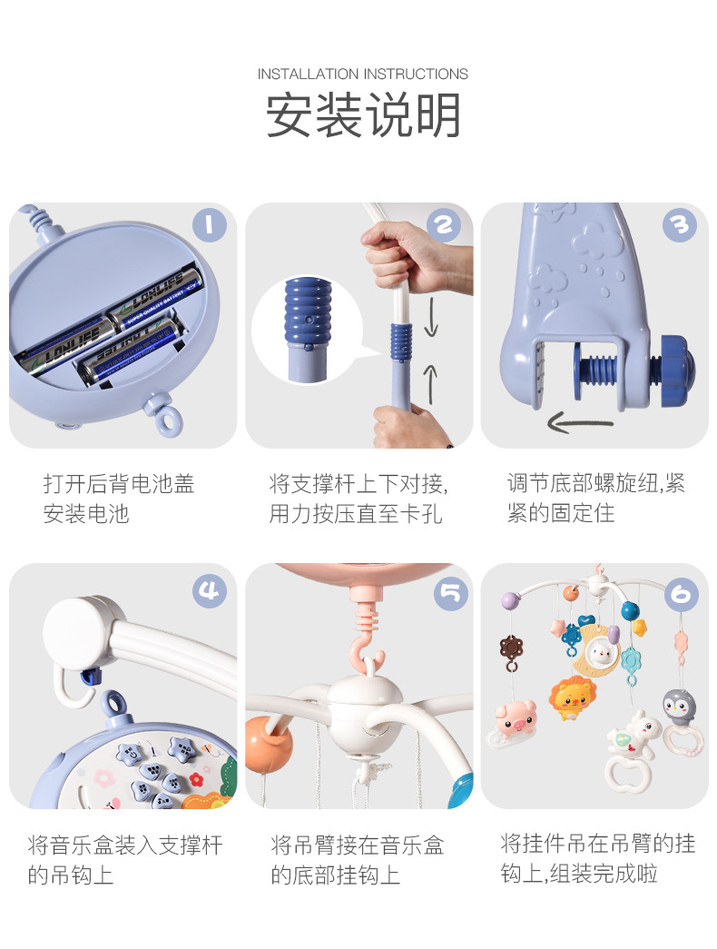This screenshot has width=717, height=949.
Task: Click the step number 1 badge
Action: [x=210, y=225]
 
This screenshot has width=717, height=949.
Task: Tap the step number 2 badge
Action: [x=444, y=225]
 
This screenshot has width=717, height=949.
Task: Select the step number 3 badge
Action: [x=680, y=225]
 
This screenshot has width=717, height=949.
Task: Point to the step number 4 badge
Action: [x=210, y=590]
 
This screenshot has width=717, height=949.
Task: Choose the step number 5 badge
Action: [x=451, y=593]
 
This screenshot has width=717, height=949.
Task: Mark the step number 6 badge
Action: [x=682, y=594]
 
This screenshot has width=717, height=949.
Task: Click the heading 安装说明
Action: [x=363, y=115]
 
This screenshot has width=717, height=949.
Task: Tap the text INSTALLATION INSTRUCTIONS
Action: [x=362, y=74]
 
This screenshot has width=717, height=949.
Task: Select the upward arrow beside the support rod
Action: [x=430, y=384]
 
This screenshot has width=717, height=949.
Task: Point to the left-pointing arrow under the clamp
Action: [x=580, y=422]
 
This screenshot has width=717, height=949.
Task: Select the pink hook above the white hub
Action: [x=368, y=647]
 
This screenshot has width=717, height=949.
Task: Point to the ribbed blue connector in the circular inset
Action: [x=308, y=312]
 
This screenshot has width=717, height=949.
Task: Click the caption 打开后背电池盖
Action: [x=119, y=484]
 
